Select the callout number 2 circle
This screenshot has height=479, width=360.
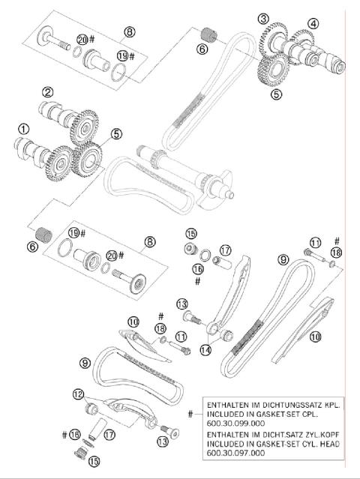point(47,92)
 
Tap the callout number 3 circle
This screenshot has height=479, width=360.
point(262,18)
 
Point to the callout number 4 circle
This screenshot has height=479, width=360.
point(313,22)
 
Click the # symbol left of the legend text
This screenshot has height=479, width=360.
point(190,414)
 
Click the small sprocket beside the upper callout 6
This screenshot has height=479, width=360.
point(208,34)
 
